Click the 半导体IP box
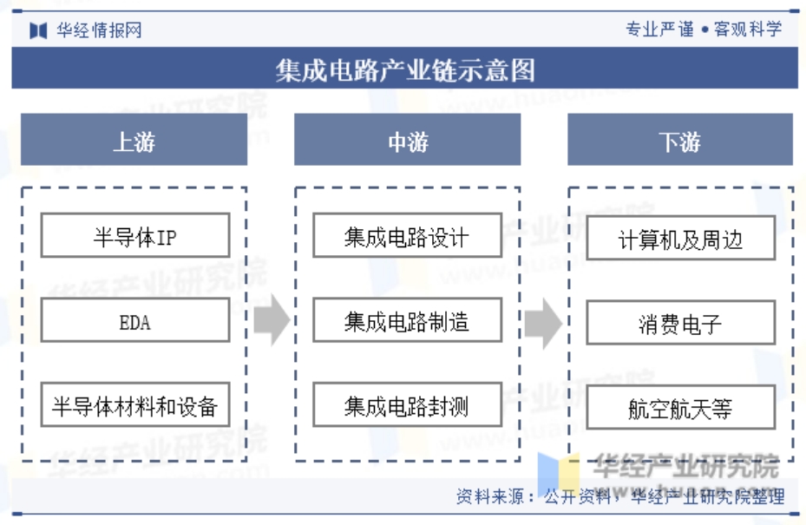[x=135, y=235]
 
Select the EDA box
[x=135, y=320]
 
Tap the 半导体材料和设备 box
[x=135, y=404]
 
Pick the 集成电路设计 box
[x=407, y=235]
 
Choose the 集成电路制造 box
[x=407, y=320]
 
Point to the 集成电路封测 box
[x=407, y=404]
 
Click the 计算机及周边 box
[x=680, y=238]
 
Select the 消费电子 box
[x=680, y=323]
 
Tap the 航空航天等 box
[x=680, y=407]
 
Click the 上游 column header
[x=134, y=140]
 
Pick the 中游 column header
[x=407, y=140]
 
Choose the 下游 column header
[x=680, y=140]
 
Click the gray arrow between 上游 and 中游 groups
[x=272, y=320]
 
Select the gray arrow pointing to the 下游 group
[x=543, y=324]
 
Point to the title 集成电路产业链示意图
[x=405, y=70]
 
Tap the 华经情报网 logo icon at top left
[x=38, y=30]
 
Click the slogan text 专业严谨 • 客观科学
[x=704, y=29]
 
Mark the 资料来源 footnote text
[x=620, y=496]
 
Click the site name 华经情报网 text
[x=99, y=30]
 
